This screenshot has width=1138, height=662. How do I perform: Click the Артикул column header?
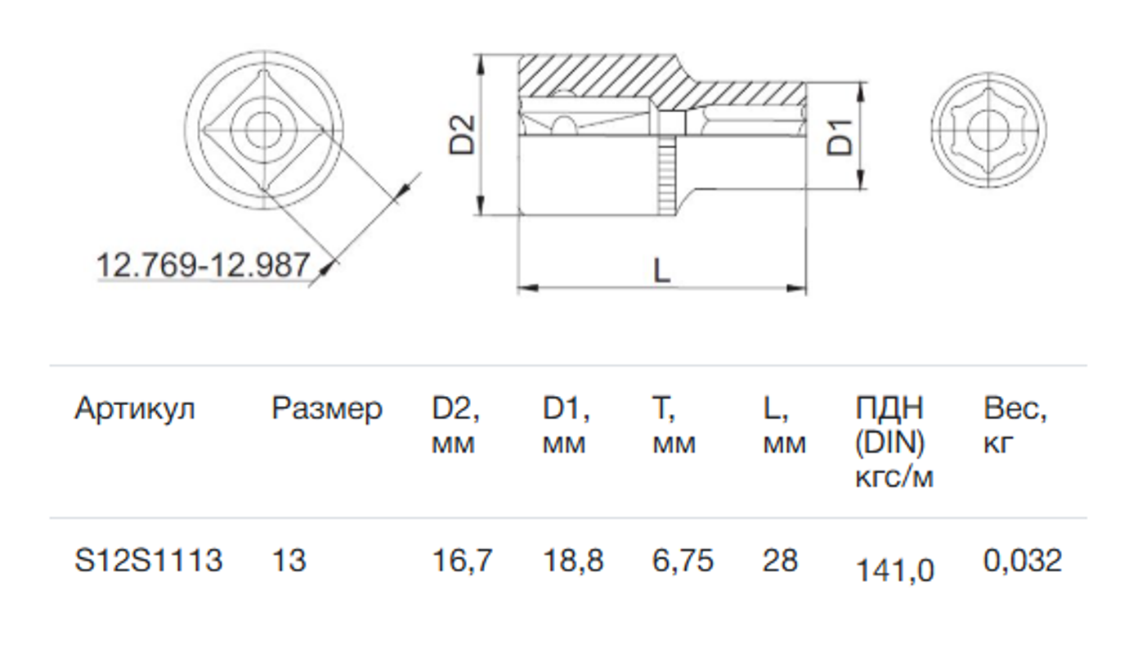click(135, 410)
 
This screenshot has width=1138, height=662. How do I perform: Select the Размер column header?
click(327, 410)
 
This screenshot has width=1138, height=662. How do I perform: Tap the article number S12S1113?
click(148, 561)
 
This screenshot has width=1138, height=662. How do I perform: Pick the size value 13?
click(289, 561)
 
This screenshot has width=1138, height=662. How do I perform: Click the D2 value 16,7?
click(462, 561)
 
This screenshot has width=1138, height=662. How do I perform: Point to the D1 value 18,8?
click(572, 561)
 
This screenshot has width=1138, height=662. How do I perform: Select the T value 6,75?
click(683, 561)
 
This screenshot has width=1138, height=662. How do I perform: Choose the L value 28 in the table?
click(781, 561)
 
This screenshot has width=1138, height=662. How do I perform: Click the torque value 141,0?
click(894, 570)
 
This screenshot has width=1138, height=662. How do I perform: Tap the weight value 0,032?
click(1023, 561)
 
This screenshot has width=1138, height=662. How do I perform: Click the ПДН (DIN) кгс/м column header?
click(894, 443)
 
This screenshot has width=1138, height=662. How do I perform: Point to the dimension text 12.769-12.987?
click(203, 265)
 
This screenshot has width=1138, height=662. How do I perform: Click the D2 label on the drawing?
click(462, 134)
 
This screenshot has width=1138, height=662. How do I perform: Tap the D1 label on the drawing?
click(839, 137)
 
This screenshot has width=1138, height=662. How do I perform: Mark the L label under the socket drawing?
click(661, 271)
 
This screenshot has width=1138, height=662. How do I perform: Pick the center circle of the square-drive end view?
click(264, 131)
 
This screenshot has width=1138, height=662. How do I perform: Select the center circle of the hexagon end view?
click(988, 130)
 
